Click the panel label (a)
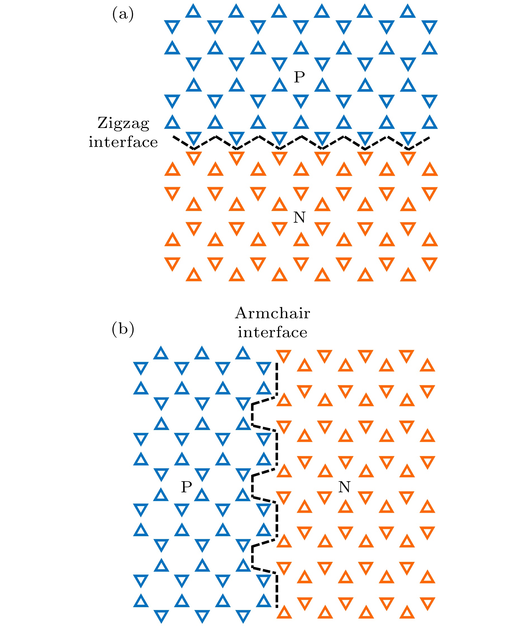click(x=123, y=14)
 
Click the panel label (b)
click(x=123, y=329)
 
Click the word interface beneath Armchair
click(x=272, y=332)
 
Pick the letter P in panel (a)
click(x=299, y=77)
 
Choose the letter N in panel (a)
click(x=299, y=217)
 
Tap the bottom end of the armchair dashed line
click(x=277, y=607)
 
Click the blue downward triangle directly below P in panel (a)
click(x=301, y=101)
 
